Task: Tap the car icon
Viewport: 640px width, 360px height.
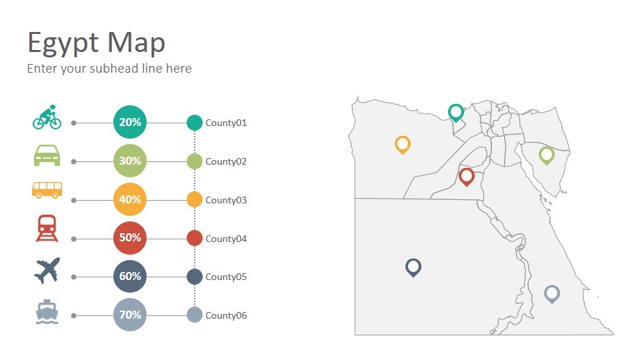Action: pos(47,155)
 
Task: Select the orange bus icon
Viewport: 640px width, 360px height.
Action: pos(47,190)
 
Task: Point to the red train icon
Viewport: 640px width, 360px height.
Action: pos(47,229)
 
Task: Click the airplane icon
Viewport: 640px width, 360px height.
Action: pos(47,270)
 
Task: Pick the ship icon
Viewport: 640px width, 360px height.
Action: pos(47,312)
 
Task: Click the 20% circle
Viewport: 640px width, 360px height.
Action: pos(130,122)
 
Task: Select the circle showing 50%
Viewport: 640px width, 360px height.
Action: pos(130,238)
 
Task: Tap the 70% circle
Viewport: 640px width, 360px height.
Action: pos(130,315)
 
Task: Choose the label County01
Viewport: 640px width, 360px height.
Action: pos(226,123)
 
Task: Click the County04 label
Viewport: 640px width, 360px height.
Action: pos(226,239)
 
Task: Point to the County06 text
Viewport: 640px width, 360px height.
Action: pos(226,315)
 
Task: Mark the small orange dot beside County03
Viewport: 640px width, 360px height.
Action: pos(195,199)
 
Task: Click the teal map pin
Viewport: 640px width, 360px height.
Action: pos(456,113)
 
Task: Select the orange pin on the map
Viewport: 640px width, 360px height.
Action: pos(403,145)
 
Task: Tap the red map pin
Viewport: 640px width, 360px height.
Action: pos(467,177)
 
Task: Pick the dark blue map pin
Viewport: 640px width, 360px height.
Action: pos(413,268)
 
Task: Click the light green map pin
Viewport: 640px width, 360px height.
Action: pos(547,155)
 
